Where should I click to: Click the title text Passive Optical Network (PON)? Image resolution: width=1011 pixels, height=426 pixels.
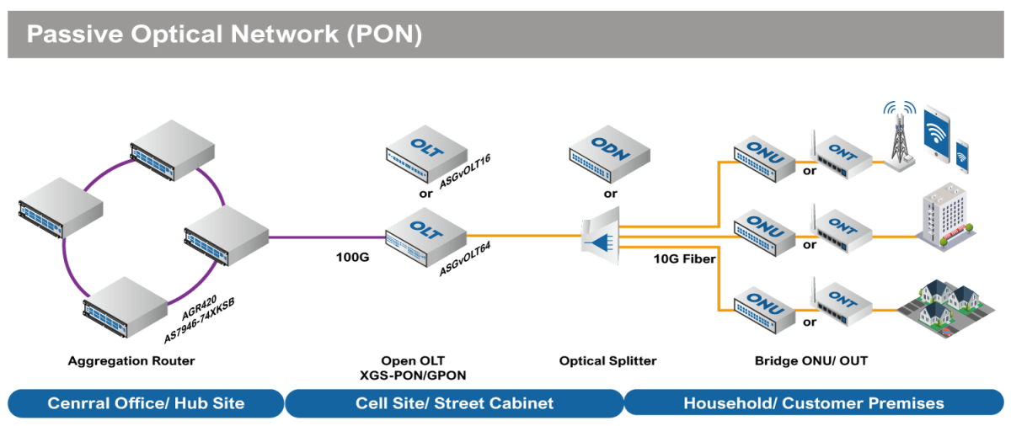pyautogui.click(x=224, y=35)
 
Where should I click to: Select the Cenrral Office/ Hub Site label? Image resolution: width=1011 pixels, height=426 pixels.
pyautogui.click(x=146, y=403)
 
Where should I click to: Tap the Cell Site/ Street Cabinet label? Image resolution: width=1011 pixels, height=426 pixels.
pyautogui.click(x=454, y=403)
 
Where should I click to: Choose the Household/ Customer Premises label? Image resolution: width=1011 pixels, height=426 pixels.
pyautogui.click(x=813, y=403)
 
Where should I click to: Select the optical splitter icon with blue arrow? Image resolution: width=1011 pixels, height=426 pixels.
pyautogui.click(x=601, y=237)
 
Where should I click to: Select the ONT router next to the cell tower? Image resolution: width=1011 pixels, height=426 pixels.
pyautogui.click(x=842, y=157)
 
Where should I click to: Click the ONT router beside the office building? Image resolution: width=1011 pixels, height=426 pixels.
pyautogui.click(x=842, y=231)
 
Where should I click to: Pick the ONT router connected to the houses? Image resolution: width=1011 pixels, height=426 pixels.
pyautogui.click(x=842, y=305)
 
